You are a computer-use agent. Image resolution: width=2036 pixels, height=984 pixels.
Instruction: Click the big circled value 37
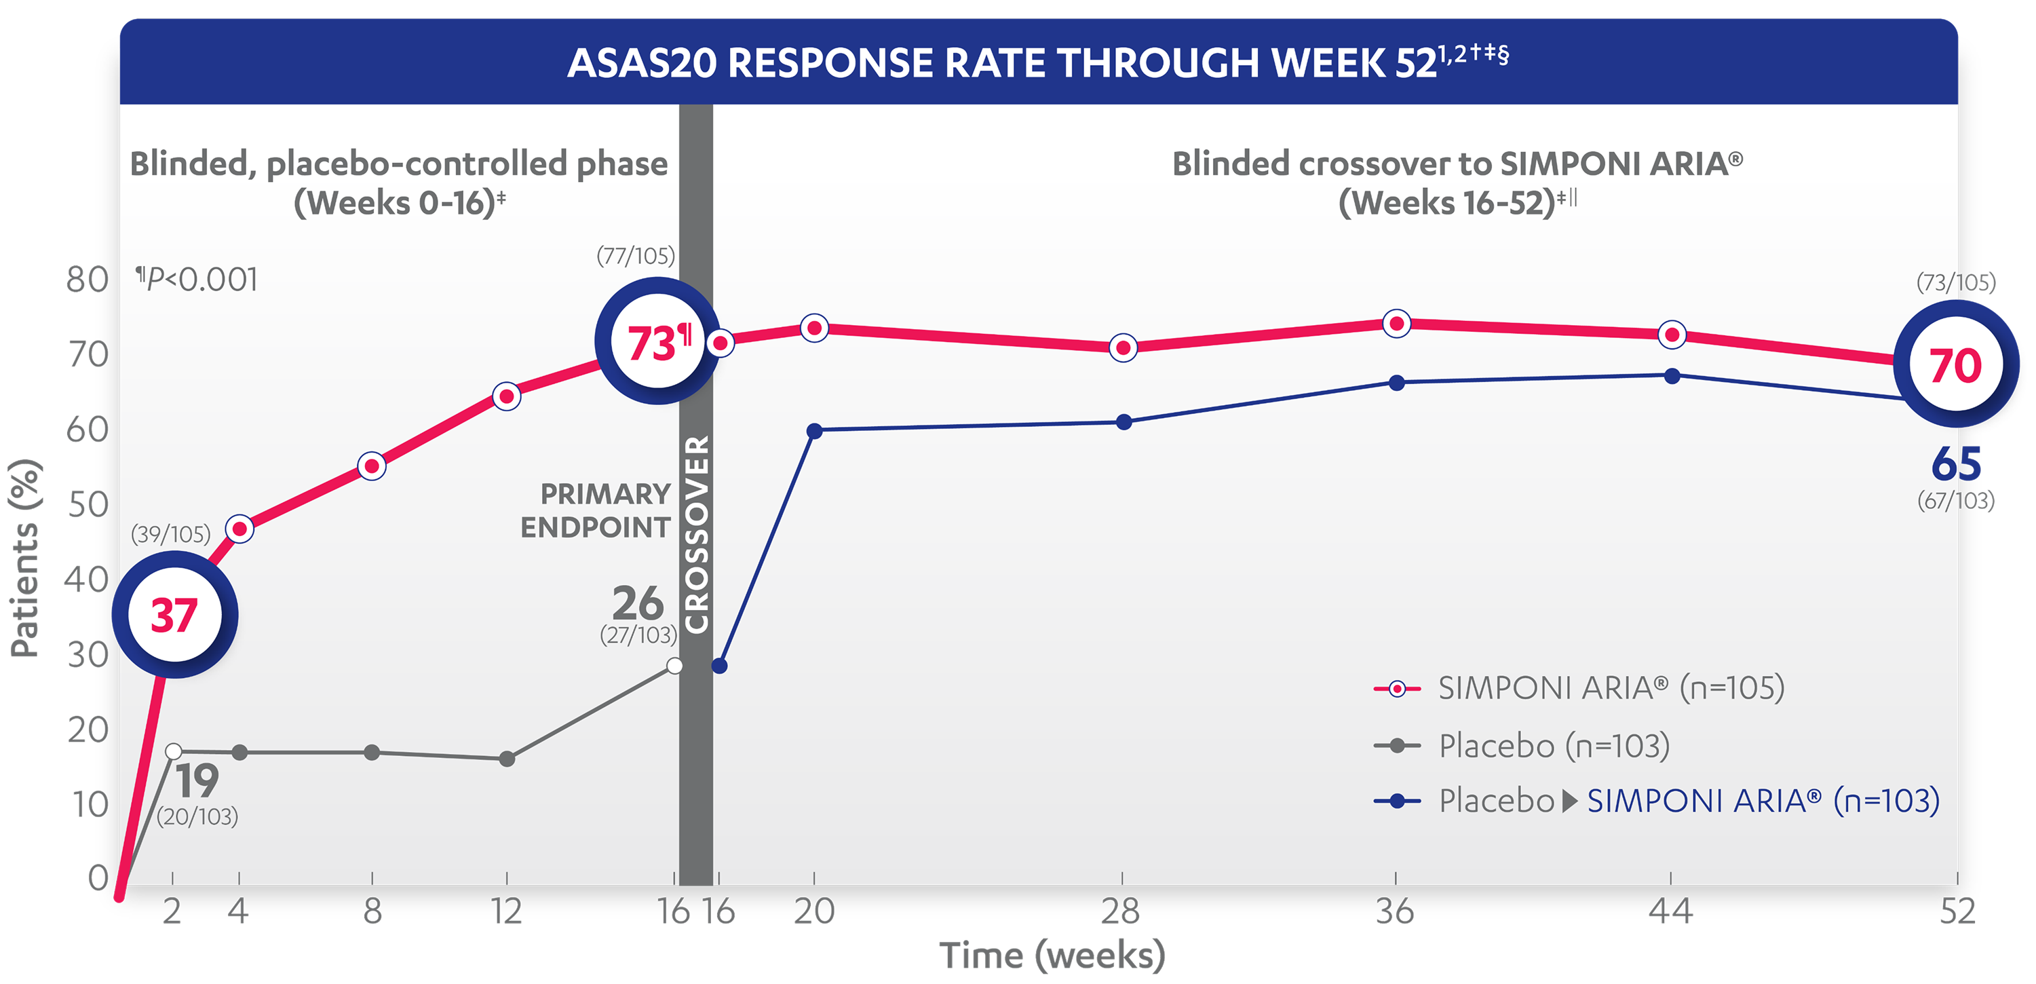(x=174, y=615)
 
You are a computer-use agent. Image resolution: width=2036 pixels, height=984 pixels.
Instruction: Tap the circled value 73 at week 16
(x=657, y=341)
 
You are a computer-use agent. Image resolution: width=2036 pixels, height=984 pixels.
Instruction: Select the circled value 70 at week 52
(x=1955, y=364)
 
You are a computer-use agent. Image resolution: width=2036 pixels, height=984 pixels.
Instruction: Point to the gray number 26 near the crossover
(x=638, y=603)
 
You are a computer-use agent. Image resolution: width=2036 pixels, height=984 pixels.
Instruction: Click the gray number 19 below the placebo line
(x=197, y=781)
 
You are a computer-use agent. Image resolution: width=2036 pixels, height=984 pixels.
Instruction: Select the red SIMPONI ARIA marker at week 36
(x=1397, y=323)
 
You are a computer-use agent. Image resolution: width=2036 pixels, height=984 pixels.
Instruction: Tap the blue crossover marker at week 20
(x=814, y=431)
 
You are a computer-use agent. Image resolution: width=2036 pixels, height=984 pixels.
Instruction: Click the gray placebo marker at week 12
(x=507, y=759)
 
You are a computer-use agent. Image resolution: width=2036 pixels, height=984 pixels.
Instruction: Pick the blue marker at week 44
(x=1672, y=376)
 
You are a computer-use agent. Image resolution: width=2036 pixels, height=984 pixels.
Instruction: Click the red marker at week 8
(x=372, y=466)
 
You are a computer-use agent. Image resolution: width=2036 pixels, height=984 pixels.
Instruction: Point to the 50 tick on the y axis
(x=87, y=504)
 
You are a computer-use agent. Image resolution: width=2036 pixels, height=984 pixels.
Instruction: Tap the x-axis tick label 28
(x=1121, y=911)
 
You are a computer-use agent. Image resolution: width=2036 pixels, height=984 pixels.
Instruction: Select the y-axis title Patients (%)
(x=25, y=557)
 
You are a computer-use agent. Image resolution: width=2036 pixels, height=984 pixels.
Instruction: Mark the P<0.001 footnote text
(x=197, y=279)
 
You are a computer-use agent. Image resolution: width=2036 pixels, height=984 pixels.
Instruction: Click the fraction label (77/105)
(x=636, y=255)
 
